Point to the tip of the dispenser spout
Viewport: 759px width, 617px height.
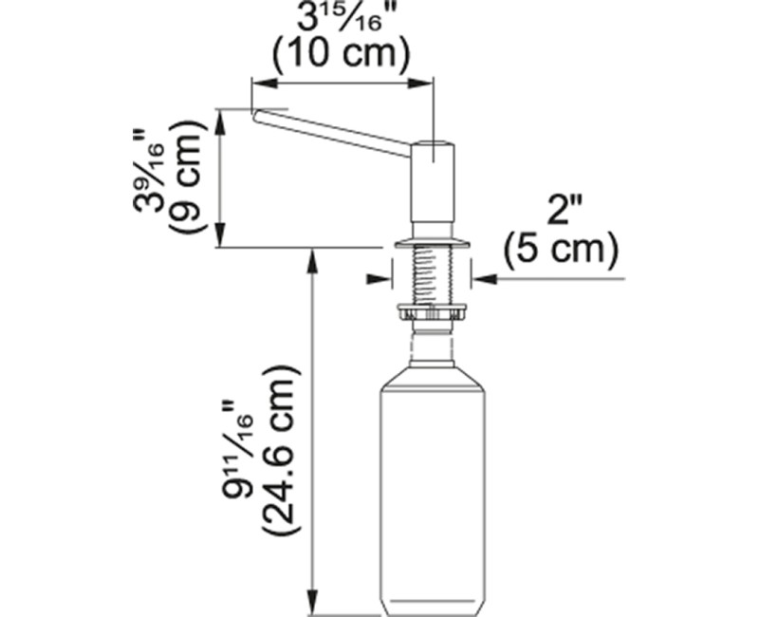pos(256,114)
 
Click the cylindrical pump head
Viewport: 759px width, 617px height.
pos(433,180)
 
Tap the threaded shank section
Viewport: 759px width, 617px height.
pos(433,275)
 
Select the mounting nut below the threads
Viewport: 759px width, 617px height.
pos(433,310)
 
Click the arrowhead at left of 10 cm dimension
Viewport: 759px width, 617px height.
pos(257,83)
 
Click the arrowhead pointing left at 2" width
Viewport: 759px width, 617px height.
pos(480,279)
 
